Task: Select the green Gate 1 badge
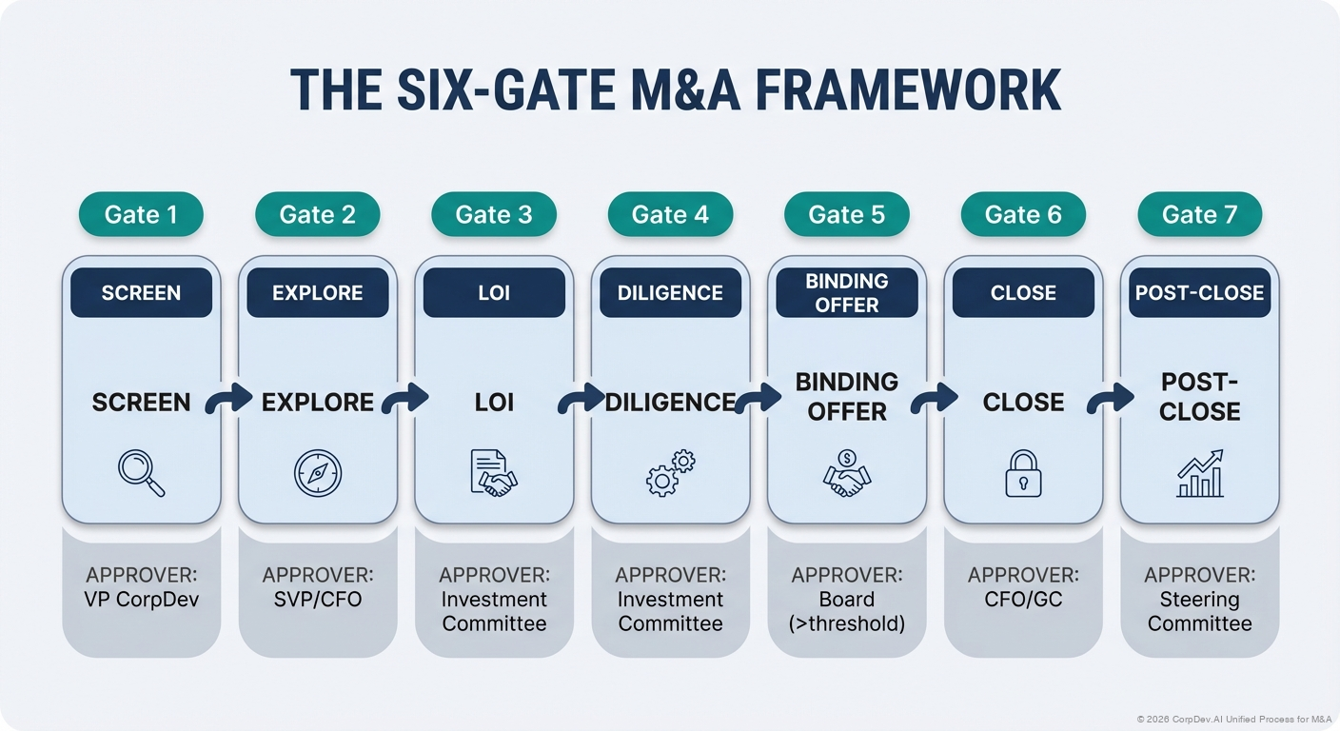pos(141,214)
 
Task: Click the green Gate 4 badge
pos(670,214)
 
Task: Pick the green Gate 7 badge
pos(1199,214)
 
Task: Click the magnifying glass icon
pos(141,473)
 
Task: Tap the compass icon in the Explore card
pos(317,473)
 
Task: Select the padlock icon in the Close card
pos(1023,473)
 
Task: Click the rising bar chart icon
pos(1199,473)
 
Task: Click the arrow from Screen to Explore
pos(228,399)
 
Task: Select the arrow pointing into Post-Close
pos(1110,399)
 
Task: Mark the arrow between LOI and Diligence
pos(581,399)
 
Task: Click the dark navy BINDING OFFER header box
pos(846,292)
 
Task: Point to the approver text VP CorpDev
pos(141,601)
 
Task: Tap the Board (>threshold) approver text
pos(846,611)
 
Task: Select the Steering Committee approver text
pos(1199,611)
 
